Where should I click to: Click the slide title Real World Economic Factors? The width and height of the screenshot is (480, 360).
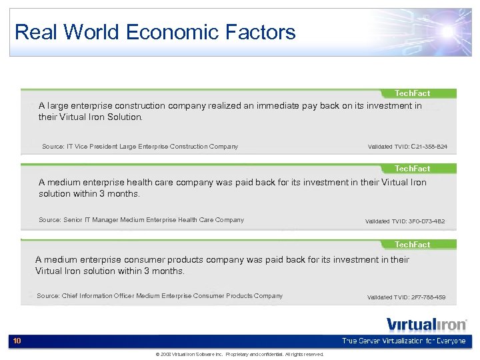[x=155, y=32]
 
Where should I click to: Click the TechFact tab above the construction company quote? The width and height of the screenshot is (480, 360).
[x=413, y=93]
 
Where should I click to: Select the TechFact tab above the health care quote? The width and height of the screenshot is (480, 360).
[x=413, y=169]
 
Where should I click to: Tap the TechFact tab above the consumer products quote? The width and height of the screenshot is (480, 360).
[x=413, y=245]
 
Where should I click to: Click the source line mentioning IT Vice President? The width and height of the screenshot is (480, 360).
[x=139, y=147]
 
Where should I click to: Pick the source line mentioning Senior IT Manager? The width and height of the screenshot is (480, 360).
[x=141, y=220]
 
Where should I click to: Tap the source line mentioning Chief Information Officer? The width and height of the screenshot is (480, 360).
[x=159, y=296]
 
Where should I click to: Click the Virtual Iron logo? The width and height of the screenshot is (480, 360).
[x=427, y=325]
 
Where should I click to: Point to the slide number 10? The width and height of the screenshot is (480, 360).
[x=17, y=341]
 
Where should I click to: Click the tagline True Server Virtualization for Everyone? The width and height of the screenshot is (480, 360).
[x=404, y=341]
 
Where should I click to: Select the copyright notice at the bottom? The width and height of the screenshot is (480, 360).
[x=239, y=355]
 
